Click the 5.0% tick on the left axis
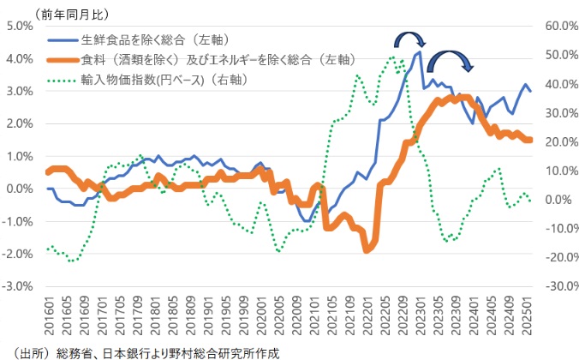[x=18, y=26]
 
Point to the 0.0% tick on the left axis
[x=18, y=189]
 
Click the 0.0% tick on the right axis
[x=558, y=200]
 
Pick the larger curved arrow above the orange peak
[x=450, y=60]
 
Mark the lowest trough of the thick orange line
[x=367, y=249]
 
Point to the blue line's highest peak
[x=419, y=53]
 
